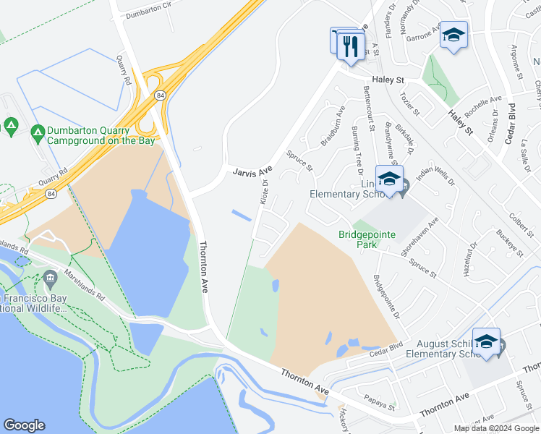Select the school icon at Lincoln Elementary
389,179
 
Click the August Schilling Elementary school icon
486,342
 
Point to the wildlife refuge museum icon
50,278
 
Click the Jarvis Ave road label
252,171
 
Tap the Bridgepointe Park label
358,239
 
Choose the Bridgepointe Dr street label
386,297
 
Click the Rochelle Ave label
483,107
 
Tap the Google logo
24,425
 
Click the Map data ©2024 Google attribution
497,428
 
